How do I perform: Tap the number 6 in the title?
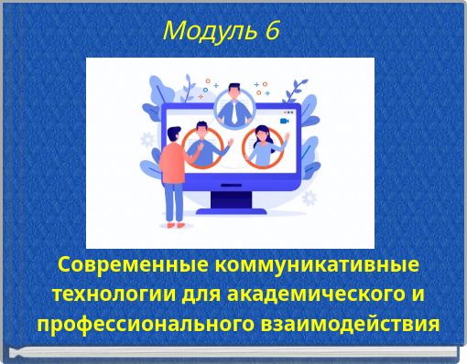click(x=271, y=30)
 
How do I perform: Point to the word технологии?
click(x=102, y=294)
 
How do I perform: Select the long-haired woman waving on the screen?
click(x=264, y=146)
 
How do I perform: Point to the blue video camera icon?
click(x=285, y=120)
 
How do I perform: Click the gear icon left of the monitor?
click(x=147, y=140)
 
